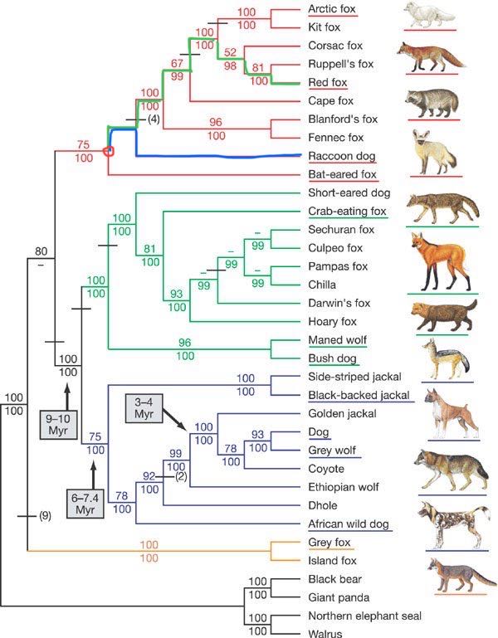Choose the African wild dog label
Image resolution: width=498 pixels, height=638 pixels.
pos(349,524)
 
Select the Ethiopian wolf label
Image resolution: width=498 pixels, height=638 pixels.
pos(340,486)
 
